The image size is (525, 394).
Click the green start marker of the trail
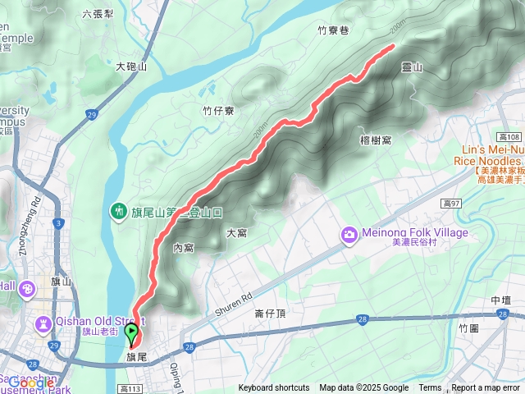coord(131,332)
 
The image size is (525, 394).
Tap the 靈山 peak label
coord(412,69)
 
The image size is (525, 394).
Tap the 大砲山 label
coord(130,66)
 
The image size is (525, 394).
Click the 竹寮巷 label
coord(333,30)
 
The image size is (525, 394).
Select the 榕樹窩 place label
coord(375,140)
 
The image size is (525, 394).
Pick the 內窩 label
coord(183,247)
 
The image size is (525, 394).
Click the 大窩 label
coord(236,233)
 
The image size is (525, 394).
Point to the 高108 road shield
coord(509,137)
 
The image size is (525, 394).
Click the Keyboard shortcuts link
coord(274,388)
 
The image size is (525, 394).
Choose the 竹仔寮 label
coord(218,111)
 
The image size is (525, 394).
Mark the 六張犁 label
coord(98,14)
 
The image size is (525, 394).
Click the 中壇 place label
coord(500,301)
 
